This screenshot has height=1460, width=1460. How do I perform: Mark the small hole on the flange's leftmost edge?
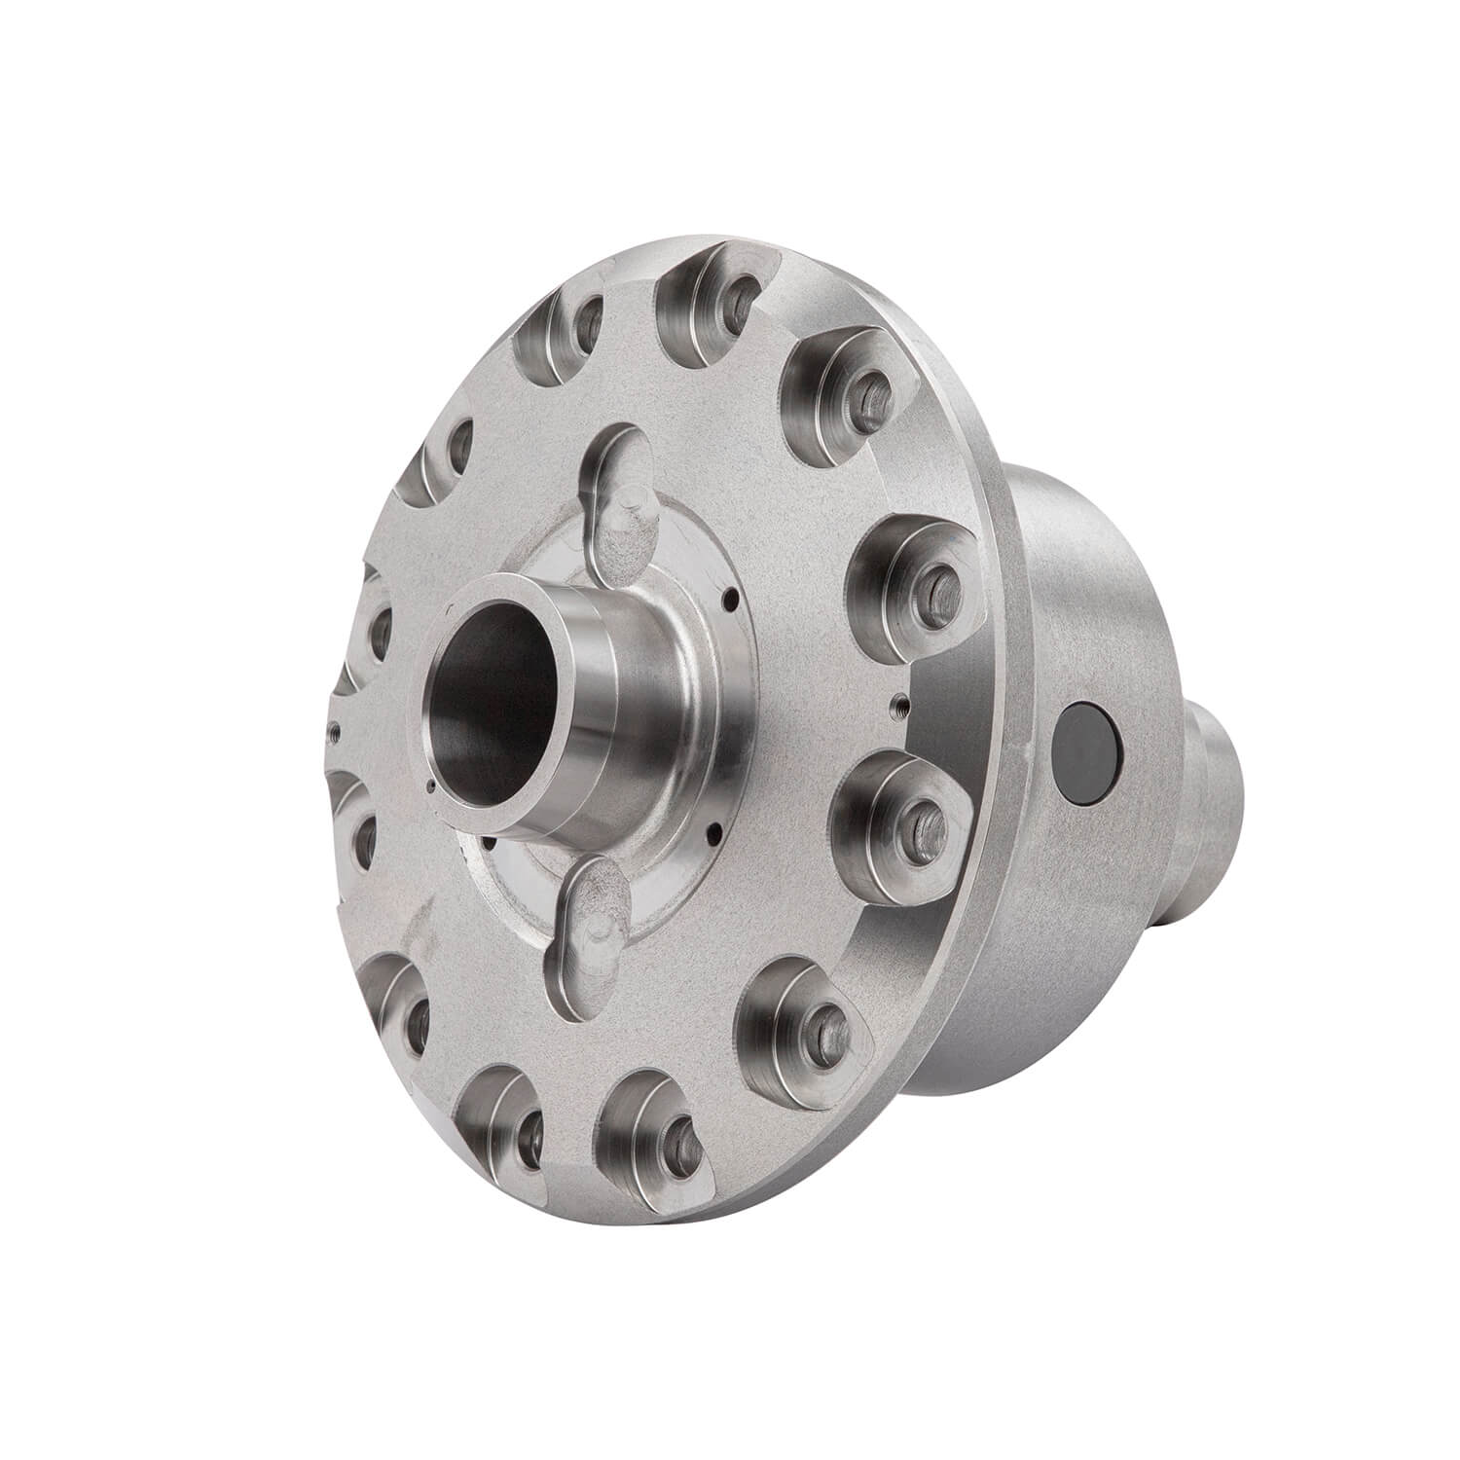click(336, 725)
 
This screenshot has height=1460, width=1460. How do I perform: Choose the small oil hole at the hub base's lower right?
click(716, 832)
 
